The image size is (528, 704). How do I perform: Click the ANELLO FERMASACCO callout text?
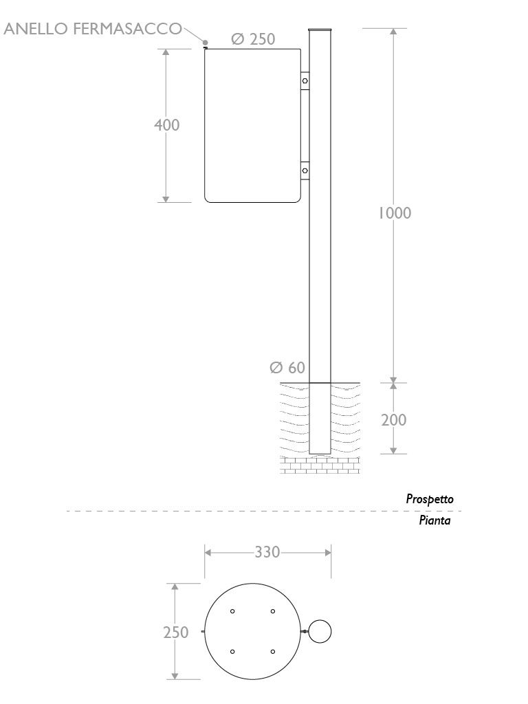(93, 29)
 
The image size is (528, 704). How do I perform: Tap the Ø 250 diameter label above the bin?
(253, 40)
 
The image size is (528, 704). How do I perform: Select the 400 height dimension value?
(166, 125)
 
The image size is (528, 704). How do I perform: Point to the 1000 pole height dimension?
(394, 213)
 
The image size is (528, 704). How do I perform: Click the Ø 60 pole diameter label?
(287, 368)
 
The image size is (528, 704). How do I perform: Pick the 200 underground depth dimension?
(394, 419)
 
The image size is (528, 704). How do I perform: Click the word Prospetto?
(430, 500)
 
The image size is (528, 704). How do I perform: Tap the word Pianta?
(434, 521)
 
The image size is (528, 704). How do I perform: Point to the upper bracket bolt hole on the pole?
(305, 81)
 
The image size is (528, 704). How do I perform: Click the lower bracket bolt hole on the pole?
(305, 169)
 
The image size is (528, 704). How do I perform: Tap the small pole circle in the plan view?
(320, 631)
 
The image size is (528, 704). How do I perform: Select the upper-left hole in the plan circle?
(233, 611)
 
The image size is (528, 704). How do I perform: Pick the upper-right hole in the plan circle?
(273, 611)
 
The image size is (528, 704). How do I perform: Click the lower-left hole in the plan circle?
(233, 651)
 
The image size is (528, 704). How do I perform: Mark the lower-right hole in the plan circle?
(273, 651)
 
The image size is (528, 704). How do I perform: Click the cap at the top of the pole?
(320, 30)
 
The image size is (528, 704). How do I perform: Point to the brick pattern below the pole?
(320, 465)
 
